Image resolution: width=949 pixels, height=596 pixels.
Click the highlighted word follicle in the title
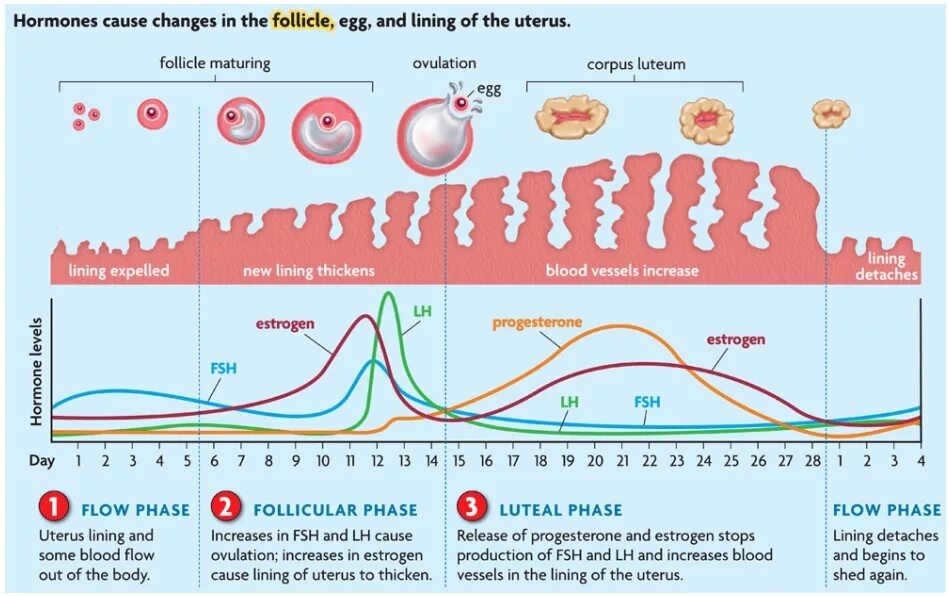tap(302, 21)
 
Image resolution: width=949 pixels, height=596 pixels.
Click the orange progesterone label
tap(537, 322)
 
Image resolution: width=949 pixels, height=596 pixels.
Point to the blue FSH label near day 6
tap(223, 368)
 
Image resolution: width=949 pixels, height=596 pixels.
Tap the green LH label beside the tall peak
tap(422, 311)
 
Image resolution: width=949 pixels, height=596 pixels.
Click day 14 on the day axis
tap(432, 461)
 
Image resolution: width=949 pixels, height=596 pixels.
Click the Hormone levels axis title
tap(37, 373)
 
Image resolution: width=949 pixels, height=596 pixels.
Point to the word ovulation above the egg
tap(444, 64)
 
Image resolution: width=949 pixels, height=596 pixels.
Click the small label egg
tap(489, 89)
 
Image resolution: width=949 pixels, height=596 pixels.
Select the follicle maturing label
tap(215, 64)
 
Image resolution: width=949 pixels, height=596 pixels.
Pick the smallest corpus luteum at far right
tap(830, 114)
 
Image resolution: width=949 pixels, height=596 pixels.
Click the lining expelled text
tap(119, 271)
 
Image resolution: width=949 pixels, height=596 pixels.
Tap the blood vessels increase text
tap(622, 271)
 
